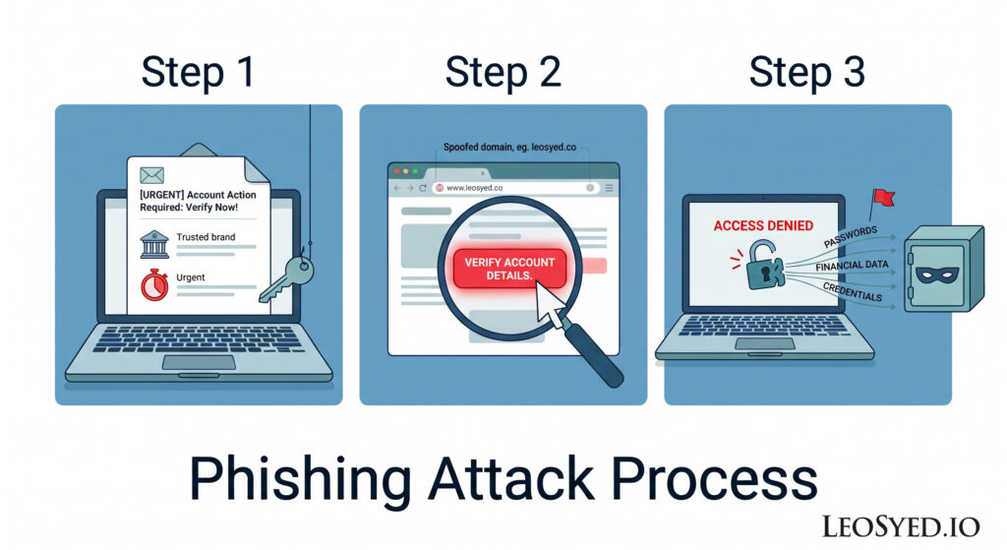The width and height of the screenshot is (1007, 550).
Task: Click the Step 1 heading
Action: coord(198,72)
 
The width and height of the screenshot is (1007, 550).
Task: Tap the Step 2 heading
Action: coord(503,72)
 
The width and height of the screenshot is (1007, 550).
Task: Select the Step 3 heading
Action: coord(806,72)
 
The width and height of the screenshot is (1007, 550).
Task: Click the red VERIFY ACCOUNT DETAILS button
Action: coord(510,269)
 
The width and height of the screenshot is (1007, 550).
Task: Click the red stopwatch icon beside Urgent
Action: coord(154,284)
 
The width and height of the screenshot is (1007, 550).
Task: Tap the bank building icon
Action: coord(154,244)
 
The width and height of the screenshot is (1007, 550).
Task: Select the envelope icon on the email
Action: coord(151,175)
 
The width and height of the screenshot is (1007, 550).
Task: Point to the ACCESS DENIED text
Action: coord(763,225)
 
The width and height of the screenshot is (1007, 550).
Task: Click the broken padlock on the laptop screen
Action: coord(763,266)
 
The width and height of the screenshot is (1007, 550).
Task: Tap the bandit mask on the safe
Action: coord(937,275)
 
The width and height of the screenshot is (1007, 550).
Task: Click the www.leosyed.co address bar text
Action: coord(474,188)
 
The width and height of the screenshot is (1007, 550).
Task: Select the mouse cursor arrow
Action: coord(550,303)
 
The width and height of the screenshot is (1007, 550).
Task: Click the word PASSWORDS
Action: coord(851,237)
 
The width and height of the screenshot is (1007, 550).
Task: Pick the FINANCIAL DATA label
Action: coord(852,266)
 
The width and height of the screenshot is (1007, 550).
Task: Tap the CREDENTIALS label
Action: coord(853,291)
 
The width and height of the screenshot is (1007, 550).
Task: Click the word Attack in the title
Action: coord(511,479)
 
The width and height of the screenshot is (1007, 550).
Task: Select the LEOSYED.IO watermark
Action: coord(901,526)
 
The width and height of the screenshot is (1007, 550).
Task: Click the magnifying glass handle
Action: coord(593,354)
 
